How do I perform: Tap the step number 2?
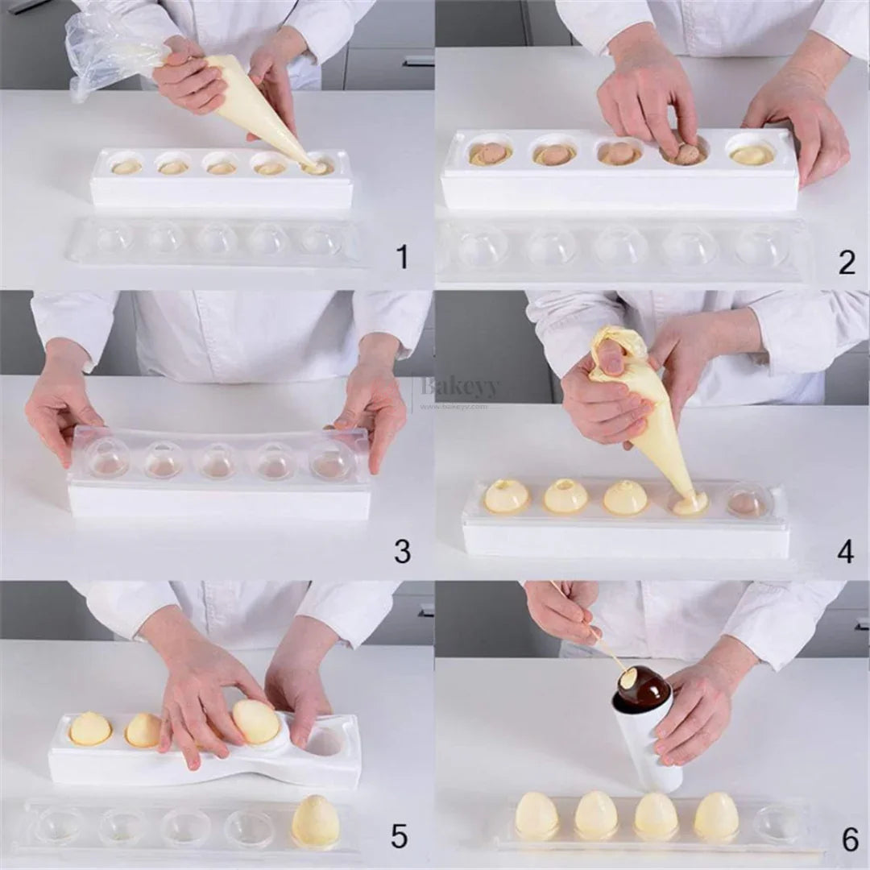(846, 262)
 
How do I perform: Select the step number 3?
(402, 552)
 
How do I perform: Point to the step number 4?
(845, 552)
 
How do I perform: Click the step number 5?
(400, 837)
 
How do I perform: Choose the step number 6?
(850, 839)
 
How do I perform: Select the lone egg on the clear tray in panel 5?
(316, 822)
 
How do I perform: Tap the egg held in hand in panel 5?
(256, 722)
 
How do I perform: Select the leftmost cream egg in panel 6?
(536, 814)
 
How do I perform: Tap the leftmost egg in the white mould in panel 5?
(89, 728)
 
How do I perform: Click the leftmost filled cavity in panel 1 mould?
(126, 166)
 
